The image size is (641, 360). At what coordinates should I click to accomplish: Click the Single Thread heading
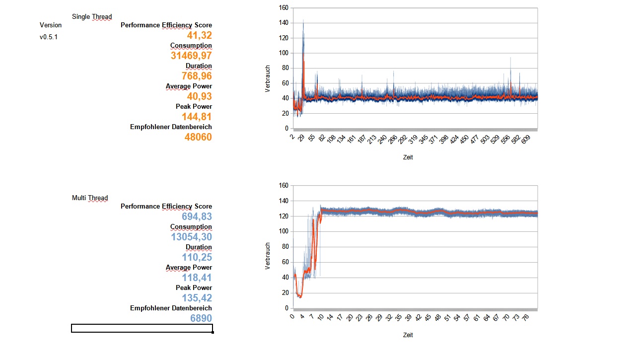[x=92, y=16]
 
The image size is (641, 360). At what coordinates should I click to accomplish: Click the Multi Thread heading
[x=90, y=198]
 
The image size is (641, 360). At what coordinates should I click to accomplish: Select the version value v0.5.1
[x=49, y=37]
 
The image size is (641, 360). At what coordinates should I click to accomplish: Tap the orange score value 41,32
[x=199, y=35]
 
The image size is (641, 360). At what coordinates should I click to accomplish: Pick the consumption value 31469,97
[x=191, y=56]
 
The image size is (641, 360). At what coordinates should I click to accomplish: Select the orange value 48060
[x=198, y=137]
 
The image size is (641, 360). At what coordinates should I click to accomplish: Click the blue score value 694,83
[x=197, y=216]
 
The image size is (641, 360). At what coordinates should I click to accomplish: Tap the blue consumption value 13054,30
[x=191, y=237]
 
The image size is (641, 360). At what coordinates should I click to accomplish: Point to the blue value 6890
[x=201, y=318]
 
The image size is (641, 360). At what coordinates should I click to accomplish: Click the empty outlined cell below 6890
[x=142, y=328]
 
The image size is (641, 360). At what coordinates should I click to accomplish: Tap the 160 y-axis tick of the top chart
[x=283, y=8]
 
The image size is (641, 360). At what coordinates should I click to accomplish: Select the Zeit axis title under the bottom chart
[x=408, y=335]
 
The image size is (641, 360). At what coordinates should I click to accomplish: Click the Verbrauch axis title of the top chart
[x=268, y=78]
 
